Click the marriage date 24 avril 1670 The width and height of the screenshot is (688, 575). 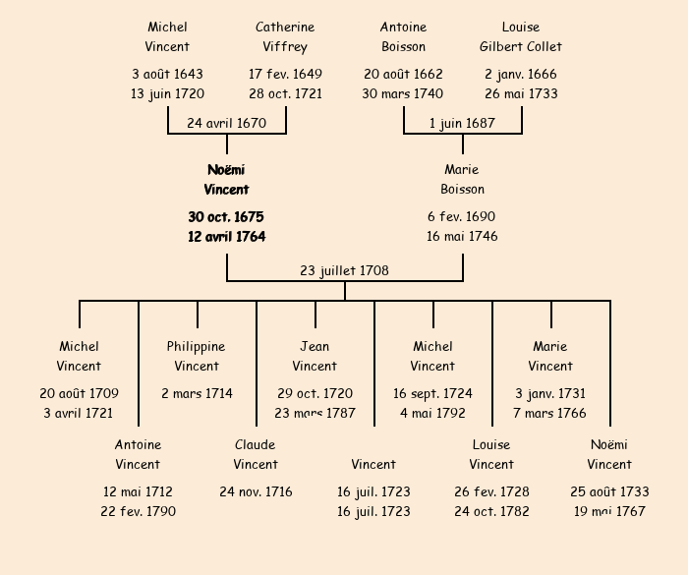coord(226,123)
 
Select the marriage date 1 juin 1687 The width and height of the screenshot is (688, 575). coord(462,123)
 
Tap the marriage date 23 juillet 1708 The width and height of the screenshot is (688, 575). coord(344,270)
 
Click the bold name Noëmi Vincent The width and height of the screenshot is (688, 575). coord(226,180)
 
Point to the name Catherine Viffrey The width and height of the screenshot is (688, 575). coord(285,36)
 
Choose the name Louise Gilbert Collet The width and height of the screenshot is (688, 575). coord(521,36)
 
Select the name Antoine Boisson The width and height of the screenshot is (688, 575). coord(403,36)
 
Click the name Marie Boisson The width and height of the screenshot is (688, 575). coord(462,180)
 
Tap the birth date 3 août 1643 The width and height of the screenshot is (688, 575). coord(167,74)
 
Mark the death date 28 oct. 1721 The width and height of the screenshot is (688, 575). coord(285,94)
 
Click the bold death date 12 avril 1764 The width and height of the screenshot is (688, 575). coord(226,237)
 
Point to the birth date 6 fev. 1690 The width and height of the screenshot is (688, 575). coord(462,216)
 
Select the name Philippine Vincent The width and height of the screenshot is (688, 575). coord(197,356)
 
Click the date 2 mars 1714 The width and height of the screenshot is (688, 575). coord(197,393)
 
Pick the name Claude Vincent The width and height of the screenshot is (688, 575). coord(256,454)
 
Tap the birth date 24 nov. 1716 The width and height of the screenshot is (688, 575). coord(256,491)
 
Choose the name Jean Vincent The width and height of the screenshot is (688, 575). coord(315,356)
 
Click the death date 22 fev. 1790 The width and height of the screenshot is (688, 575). coord(138,511)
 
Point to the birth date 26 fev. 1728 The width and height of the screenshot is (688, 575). coord(491,491)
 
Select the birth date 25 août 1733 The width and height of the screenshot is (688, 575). coord(609,491)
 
